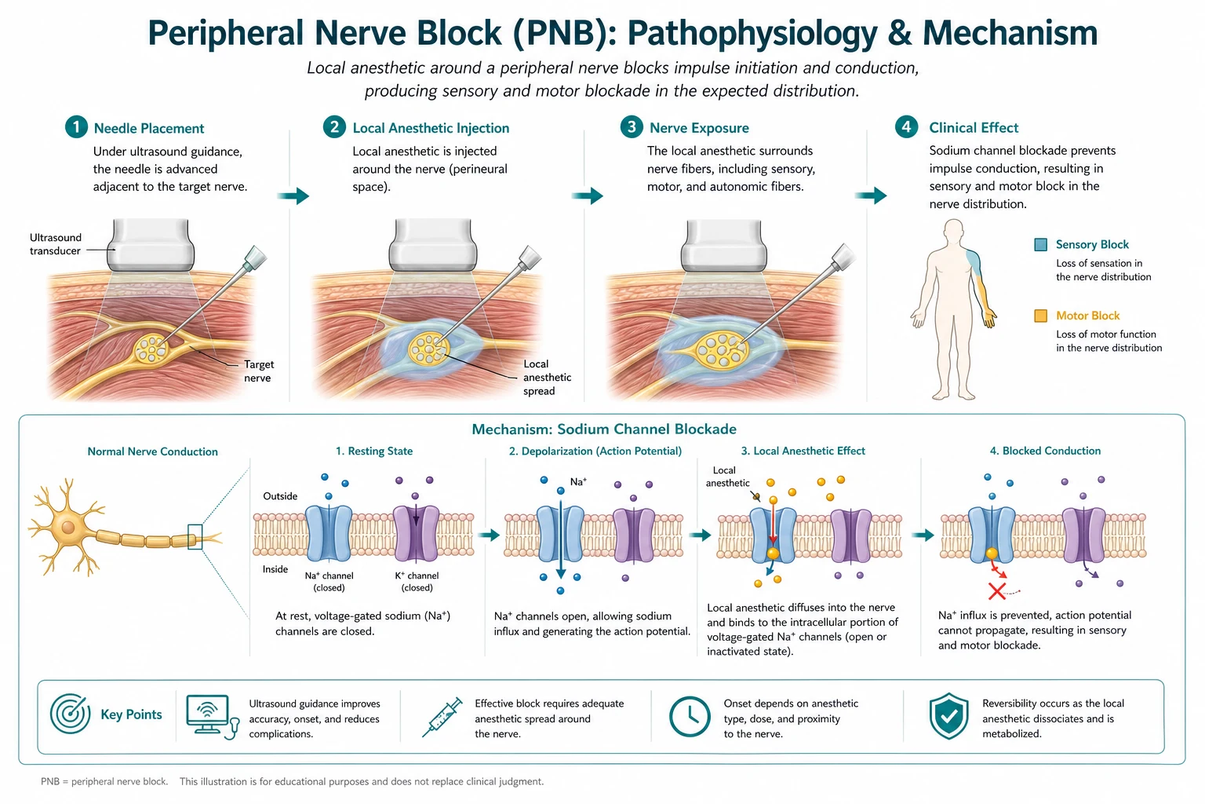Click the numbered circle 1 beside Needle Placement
coord(76,127)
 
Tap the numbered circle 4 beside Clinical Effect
coord(906,127)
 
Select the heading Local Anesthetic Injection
coord(431,128)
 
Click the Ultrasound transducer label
coord(56,244)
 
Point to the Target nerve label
coord(259,371)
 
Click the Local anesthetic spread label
coord(547,378)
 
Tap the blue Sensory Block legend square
coord(1041,244)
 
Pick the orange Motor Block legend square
coord(1041,316)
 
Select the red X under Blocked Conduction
coord(997,591)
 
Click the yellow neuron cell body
coord(68,526)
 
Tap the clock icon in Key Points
coord(690,716)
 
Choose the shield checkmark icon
coord(949,716)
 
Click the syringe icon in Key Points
coord(442,718)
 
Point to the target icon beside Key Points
coord(70,714)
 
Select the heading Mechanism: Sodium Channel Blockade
coord(604,429)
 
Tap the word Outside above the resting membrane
coord(280,496)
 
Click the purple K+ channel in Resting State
coord(417,533)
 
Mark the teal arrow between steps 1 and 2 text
coord(293,196)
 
